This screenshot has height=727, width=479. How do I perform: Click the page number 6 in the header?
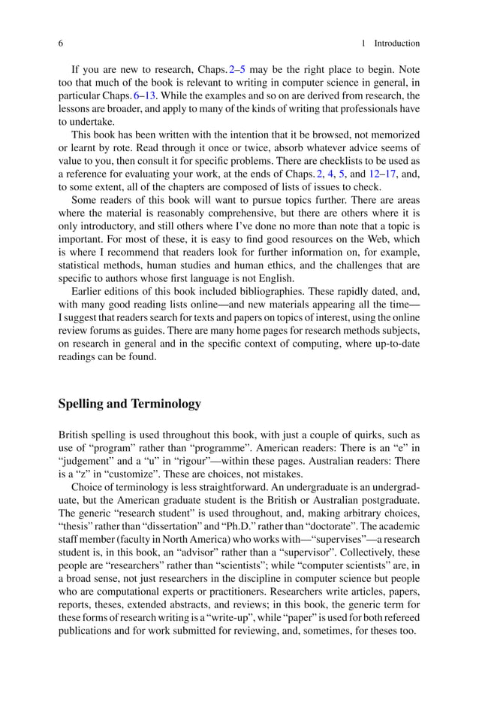[x=61, y=44]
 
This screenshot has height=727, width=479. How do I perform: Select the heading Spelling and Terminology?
[x=129, y=404]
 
